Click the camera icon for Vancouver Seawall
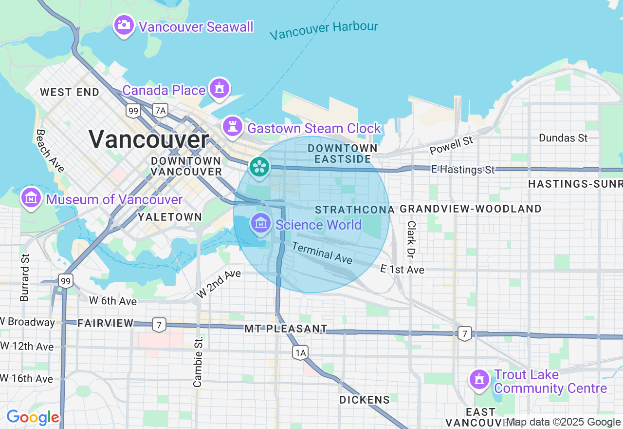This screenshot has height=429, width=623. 124,24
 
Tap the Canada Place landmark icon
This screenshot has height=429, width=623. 220,88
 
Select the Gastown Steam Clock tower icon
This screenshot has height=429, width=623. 233,127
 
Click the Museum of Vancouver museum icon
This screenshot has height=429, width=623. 31,198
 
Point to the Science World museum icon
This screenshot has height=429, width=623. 261,223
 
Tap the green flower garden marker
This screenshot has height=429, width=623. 259,167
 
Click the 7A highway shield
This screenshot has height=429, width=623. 160,111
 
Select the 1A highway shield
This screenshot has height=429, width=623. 300,352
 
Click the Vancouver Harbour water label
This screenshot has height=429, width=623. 324,30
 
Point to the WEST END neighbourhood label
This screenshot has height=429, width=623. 70,92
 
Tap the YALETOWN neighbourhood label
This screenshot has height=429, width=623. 170,217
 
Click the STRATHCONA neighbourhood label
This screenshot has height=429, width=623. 354,210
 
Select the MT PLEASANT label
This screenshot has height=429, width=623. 286,329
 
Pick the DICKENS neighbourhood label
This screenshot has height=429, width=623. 365,400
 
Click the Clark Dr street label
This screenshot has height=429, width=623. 411,239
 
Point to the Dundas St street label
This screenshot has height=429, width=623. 563,138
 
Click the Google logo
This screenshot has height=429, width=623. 33,417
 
